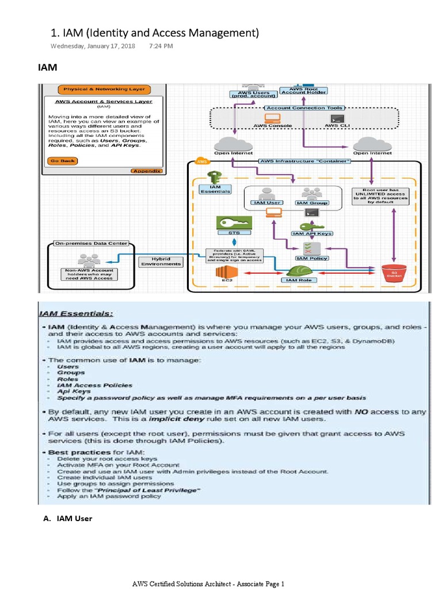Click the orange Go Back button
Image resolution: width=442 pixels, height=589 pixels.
click(x=63, y=160)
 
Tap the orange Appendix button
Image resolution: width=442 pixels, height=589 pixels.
click(x=147, y=171)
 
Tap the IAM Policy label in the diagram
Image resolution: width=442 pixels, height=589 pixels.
click(x=311, y=258)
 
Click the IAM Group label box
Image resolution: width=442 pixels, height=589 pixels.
click(x=312, y=202)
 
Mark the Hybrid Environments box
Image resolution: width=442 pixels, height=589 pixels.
click(x=161, y=261)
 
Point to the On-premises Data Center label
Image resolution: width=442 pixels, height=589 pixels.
click(x=91, y=243)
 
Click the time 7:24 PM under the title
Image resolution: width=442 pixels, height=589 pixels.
click(x=161, y=45)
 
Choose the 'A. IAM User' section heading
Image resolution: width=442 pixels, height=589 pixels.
click(x=67, y=518)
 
